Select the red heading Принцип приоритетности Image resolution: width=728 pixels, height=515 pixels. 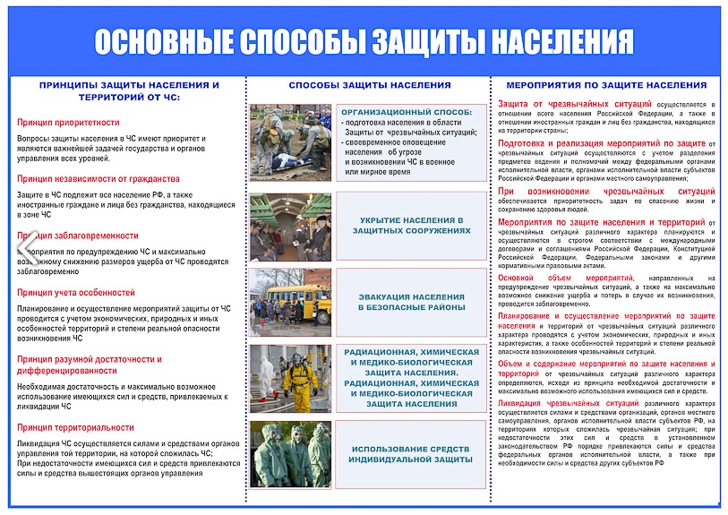[68, 122]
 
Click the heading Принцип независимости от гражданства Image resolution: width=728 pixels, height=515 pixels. [98, 178]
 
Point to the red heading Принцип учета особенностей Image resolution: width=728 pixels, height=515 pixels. [76, 293]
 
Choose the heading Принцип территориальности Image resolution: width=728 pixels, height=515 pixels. [75, 427]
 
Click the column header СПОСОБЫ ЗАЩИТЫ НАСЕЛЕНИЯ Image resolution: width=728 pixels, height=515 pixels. [370, 85]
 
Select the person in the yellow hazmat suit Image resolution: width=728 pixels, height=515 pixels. [300, 373]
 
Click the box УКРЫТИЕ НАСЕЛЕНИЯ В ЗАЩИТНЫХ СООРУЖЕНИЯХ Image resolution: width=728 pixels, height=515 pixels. [411, 226]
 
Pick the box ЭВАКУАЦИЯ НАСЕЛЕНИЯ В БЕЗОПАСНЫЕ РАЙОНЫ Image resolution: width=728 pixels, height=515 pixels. [412, 301]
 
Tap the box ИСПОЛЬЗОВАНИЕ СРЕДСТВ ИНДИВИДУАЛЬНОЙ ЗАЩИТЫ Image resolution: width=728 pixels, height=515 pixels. [412, 455]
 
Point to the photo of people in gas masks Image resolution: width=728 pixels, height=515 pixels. [290, 455]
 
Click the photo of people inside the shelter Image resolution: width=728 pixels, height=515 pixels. [290, 227]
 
